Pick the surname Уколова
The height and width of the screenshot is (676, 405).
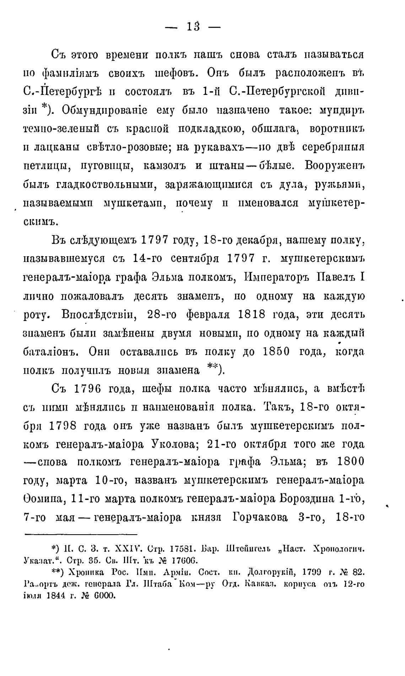tap(169, 444)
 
